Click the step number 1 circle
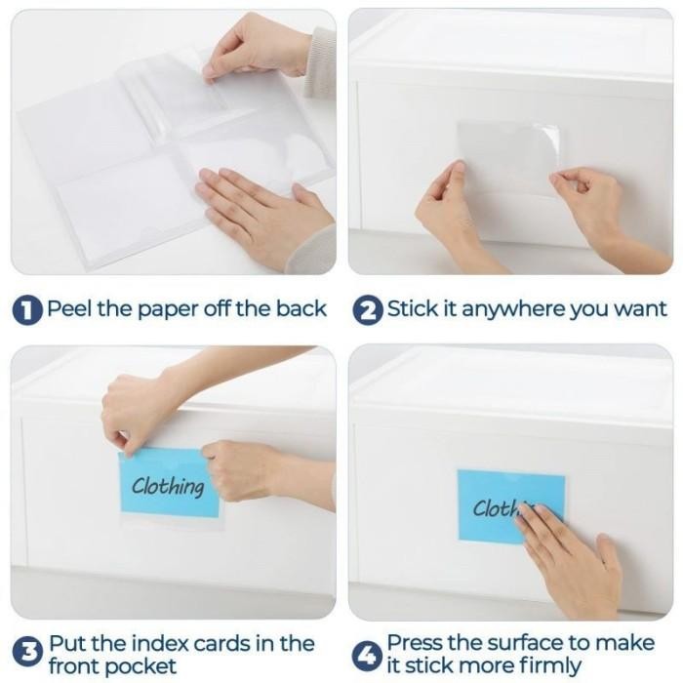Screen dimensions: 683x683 coord(27,310)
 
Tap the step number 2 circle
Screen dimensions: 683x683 coord(368,310)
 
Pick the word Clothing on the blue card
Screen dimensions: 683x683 coord(168,486)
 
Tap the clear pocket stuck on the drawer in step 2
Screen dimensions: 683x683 coord(507,156)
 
